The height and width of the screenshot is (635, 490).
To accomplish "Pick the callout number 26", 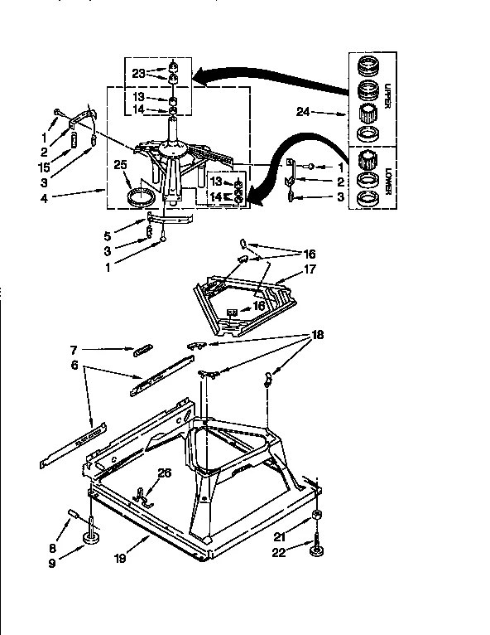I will pyautogui.click(x=164, y=473).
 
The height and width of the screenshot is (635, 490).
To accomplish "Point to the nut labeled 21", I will pyautogui.click(x=317, y=518).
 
